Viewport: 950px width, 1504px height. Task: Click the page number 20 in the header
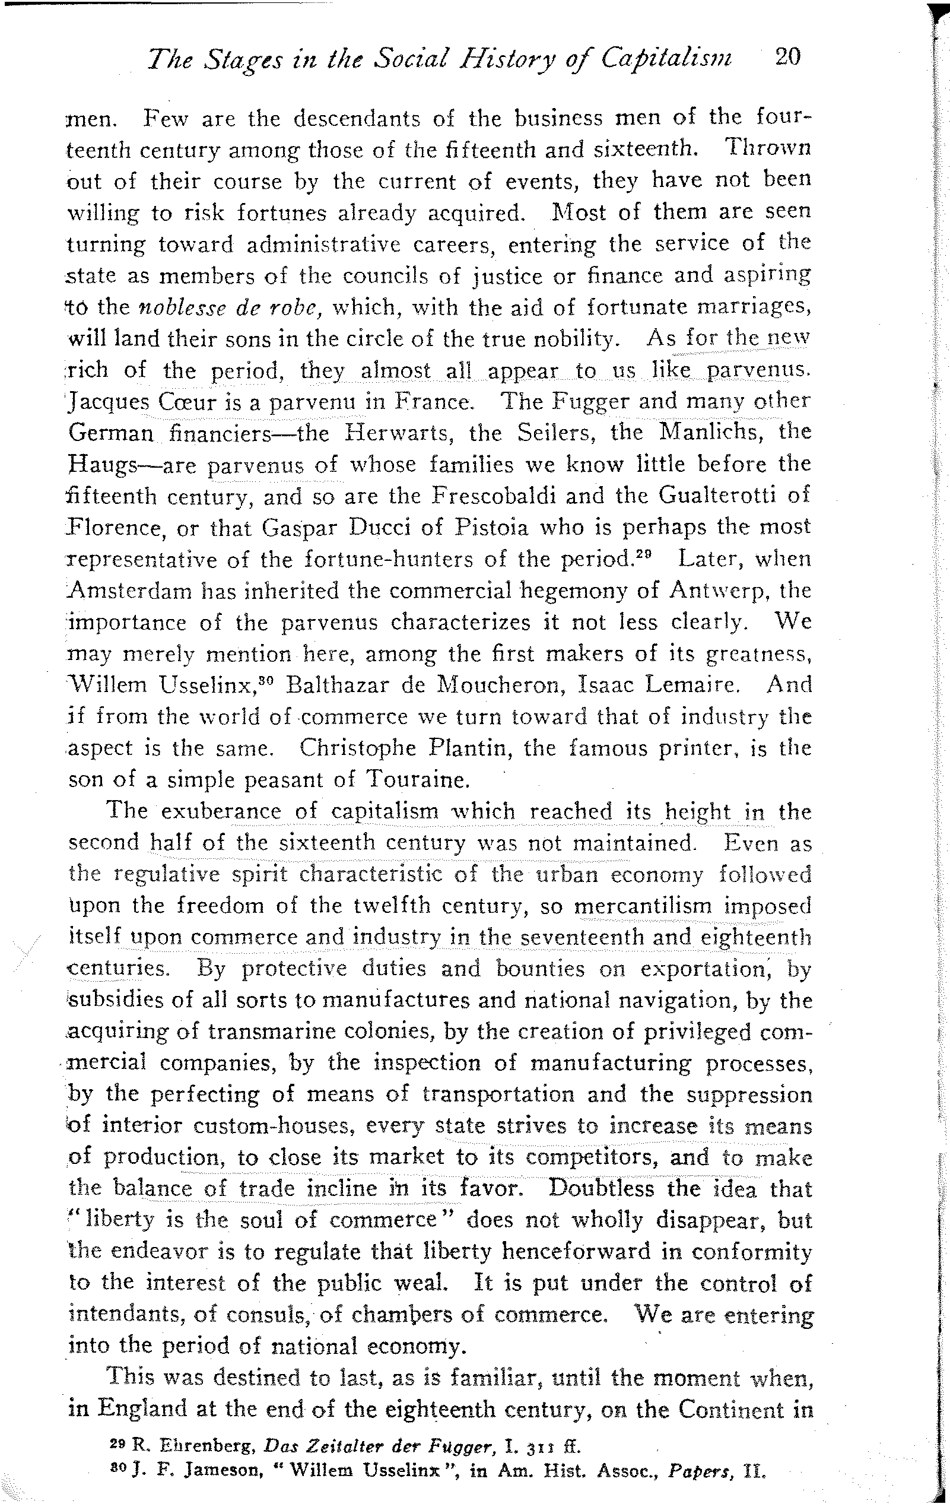click(x=786, y=58)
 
